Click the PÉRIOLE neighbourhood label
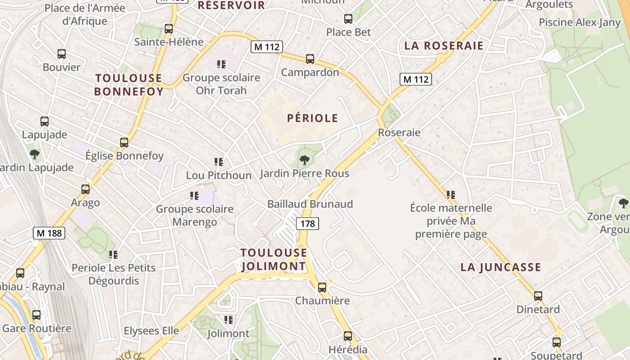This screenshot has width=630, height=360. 313,118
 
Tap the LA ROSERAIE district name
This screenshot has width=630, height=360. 444,46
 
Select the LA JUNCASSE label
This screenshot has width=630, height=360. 500,267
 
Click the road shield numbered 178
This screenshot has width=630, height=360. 308,223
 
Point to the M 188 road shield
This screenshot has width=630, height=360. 49,233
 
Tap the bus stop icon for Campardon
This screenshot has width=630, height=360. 310,59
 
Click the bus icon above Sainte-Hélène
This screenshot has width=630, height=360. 169,29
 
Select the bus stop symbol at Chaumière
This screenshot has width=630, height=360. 322,287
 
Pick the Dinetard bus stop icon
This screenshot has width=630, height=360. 538,296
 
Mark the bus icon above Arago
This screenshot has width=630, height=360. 85,189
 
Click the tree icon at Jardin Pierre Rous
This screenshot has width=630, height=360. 305,160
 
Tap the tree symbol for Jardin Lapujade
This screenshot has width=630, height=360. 34,154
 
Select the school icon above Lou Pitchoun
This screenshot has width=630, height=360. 219,162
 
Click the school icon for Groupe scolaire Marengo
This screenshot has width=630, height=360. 194,196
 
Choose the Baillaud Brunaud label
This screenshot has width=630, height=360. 310,204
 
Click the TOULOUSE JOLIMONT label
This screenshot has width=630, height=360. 274,259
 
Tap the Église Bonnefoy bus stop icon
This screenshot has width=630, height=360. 124,143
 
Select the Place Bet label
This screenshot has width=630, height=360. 348,32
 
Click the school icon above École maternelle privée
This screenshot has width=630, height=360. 451,195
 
